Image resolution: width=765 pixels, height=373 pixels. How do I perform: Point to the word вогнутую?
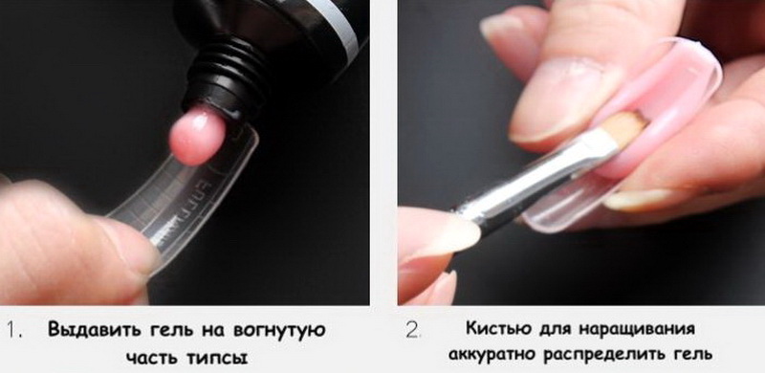(x=279, y=332)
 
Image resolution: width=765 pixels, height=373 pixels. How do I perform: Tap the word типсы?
(x=218, y=359)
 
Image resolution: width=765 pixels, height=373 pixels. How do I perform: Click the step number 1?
(x=14, y=331)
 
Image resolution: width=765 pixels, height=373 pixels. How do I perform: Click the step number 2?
(x=413, y=331)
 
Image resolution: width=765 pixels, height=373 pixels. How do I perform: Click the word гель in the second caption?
(x=693, y=354)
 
